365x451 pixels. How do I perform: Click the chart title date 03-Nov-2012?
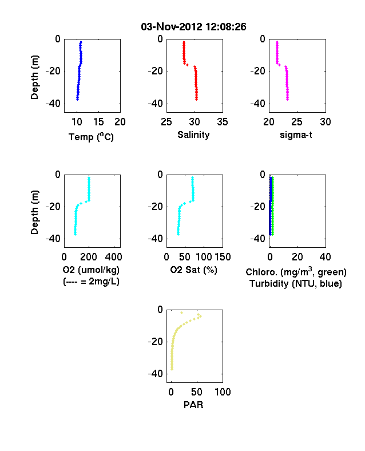pos(171,27)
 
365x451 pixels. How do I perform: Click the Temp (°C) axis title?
pos(91,137)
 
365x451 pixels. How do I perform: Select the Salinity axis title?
pos(193,134)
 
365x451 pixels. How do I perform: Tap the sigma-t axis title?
pos(296,134)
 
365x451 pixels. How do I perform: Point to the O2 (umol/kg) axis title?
pos(91,270)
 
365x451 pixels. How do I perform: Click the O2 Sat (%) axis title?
pos(194,270)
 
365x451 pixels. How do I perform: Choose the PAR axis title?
pos(193,405)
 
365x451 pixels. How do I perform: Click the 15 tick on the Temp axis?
pos(98,122)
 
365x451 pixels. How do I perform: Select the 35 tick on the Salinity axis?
pos(223,122)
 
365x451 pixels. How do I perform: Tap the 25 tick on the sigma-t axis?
pos(297,122)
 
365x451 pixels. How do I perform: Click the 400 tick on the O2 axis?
pos(114,257)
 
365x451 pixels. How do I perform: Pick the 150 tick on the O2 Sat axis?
pos(223,257)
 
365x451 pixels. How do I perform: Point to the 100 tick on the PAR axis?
pos(223,391)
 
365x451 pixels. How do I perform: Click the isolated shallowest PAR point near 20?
pos(181,312)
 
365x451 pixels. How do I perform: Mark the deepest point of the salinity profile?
pos(197,99)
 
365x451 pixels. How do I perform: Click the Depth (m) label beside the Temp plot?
pos(34,77)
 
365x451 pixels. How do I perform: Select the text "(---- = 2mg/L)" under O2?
pos(91,281)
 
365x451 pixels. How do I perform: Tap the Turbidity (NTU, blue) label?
pos(296,284)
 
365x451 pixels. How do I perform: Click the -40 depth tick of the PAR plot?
pos(156,374)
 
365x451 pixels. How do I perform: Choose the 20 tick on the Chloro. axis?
pos(297,257)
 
